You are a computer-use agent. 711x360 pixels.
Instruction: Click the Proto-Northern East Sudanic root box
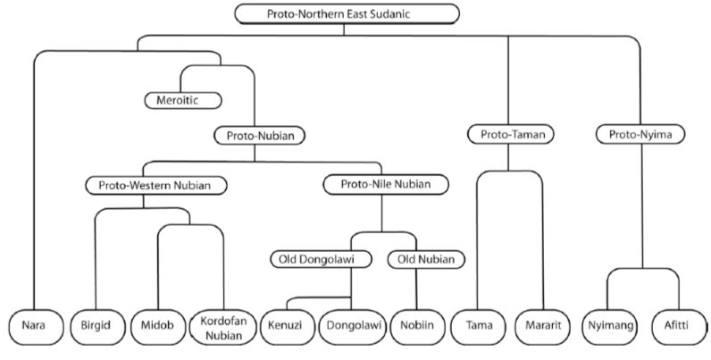click(x=347, y=13)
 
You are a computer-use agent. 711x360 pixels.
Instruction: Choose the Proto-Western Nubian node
click(x=156, y=186)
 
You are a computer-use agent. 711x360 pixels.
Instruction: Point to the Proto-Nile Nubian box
click(x=385, y=186)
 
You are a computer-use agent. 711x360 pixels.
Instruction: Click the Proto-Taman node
click(x=507, y=135)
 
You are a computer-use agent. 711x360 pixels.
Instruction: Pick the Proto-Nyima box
click(x=640, y=135)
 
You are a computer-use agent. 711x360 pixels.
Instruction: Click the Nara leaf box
click(x=33, y=326)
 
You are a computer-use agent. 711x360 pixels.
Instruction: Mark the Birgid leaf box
click(x=95, y=326)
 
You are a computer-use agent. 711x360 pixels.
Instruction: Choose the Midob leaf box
click(x=157, y=326)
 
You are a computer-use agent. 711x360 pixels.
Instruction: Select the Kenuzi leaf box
click(x=287, y=326)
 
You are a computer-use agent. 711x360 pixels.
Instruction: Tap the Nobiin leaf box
click(x=417, y=326)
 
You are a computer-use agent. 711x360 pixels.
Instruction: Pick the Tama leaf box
click(x=478, y=326)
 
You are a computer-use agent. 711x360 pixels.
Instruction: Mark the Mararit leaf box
click(x=541, y=326)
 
